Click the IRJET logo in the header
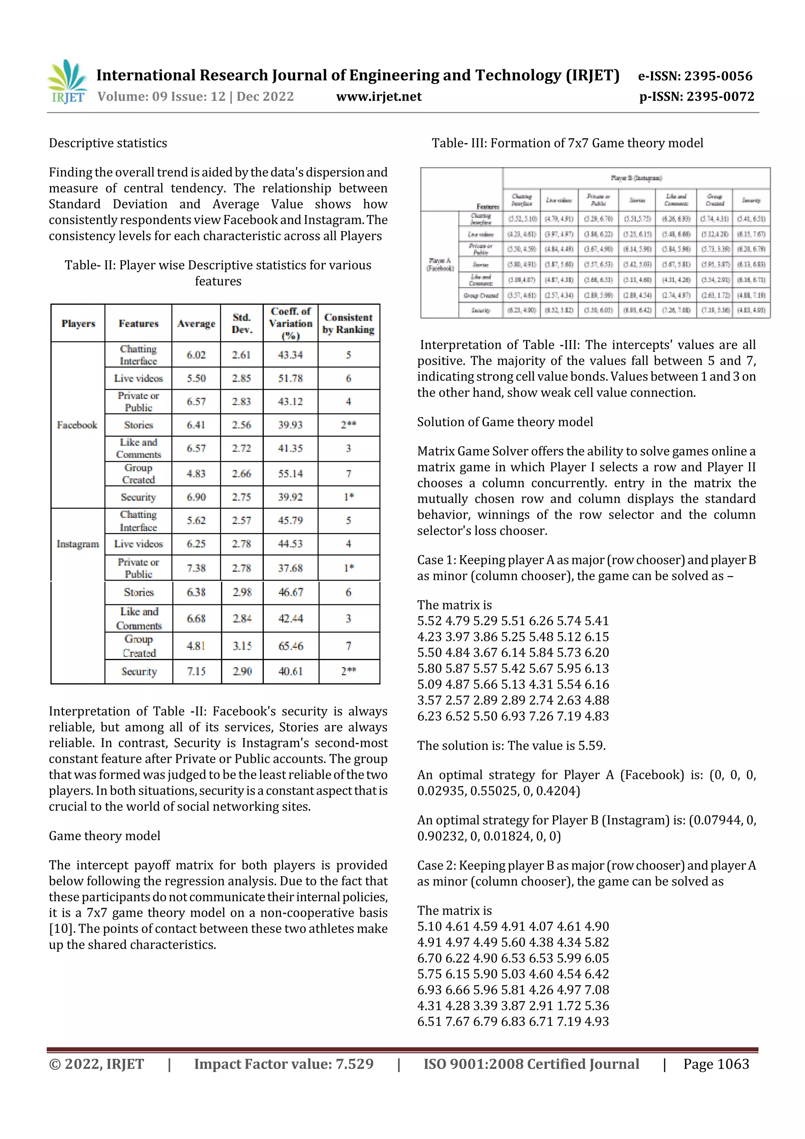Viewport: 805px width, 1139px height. (68, 82)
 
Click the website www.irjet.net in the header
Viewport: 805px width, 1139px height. (379, 96)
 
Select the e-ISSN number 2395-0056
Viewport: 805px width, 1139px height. (718, 76)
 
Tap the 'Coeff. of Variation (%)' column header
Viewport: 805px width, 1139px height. (290, 323)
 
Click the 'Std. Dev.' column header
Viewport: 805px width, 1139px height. (242, 323)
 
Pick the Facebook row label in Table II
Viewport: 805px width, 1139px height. (77, 425)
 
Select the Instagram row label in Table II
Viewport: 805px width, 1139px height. (77, 544)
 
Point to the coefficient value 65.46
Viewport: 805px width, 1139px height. (290, 646)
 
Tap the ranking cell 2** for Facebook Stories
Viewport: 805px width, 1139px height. (348, 425)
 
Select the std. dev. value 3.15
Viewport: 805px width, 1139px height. (242, 646)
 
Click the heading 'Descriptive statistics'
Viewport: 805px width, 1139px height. (108, 144)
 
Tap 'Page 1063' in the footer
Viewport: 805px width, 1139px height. (716, 1064)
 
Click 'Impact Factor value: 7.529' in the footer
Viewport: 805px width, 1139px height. (284, 1064)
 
